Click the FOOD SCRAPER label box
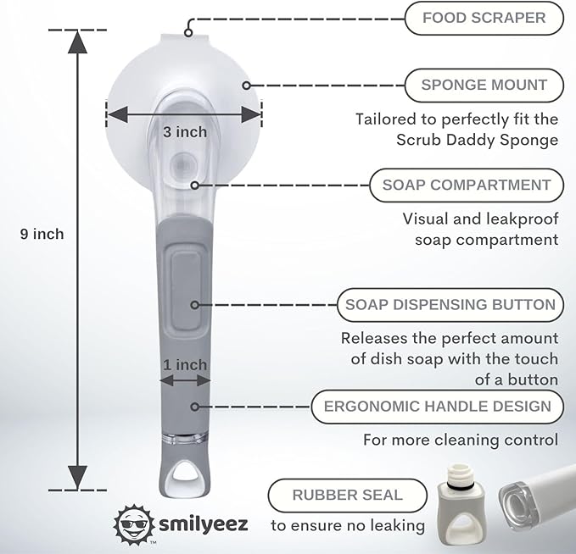point(484,18)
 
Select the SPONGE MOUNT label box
point(484,85)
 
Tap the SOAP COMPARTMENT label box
point(467,186)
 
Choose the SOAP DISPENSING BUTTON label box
point(450,305)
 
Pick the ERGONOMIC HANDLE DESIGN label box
point(438,407)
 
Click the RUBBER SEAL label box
point(348,496)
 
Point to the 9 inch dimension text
point(42,234)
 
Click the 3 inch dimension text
point(185,132)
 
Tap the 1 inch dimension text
point(185,365)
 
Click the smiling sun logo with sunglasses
point(134,524)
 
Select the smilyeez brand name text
point(203,525)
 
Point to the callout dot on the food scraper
point(188,33)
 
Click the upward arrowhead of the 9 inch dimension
point(77,42)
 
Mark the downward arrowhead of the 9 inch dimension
point(77,477)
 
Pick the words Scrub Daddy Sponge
point(478,140)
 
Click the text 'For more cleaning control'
point(461,440)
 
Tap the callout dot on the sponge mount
point(247,86)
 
